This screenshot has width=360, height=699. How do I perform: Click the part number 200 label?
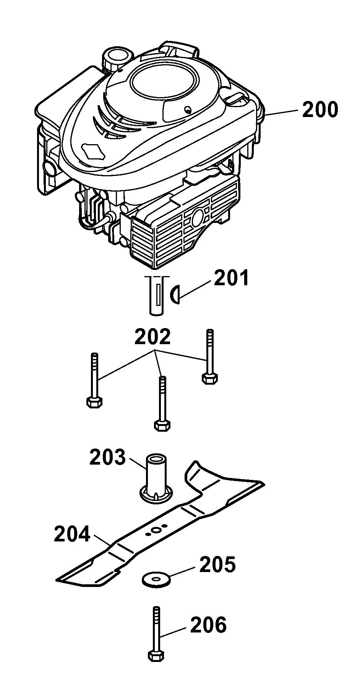coord(320,109)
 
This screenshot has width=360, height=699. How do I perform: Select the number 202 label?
coord(152,337)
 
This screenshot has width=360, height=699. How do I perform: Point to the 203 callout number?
coord(107,457)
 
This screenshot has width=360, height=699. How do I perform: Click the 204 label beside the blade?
coord(72,534)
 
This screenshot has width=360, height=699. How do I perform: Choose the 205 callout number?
coord(217,565)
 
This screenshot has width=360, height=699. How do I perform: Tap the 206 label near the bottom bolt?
coord(208,625)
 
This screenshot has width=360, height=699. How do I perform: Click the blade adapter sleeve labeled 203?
coord(157,478)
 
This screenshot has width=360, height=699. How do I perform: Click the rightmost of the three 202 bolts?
coord(209,356)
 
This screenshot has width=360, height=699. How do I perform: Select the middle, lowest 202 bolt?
coord(162,403)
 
